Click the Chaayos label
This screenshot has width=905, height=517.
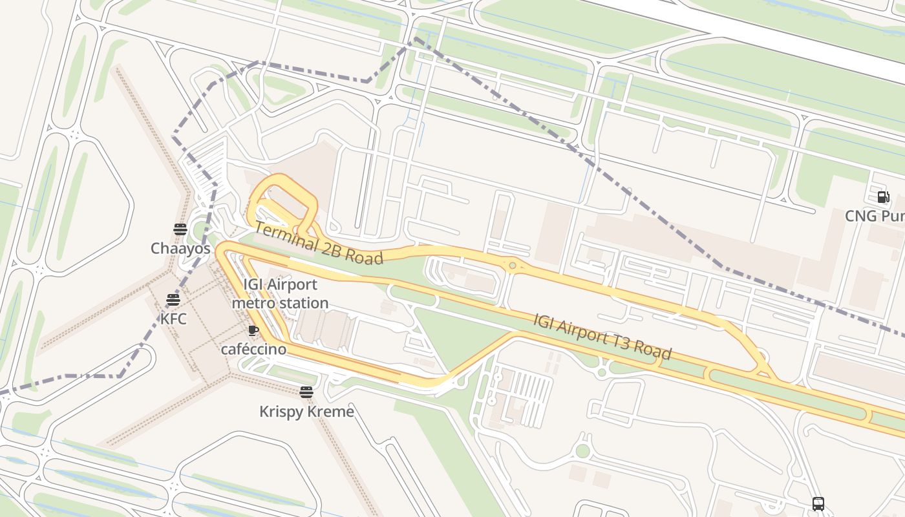point(180,248)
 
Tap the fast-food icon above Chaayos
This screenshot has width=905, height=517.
point(180,229)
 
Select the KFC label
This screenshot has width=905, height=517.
point(173,319)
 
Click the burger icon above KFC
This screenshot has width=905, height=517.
point(173,300)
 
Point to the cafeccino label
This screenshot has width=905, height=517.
point(253,349)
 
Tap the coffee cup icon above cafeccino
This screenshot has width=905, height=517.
point(253,331)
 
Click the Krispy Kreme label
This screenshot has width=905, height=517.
point(306,411)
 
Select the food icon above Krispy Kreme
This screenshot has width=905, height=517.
point(306,392)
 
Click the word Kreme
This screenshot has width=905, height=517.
point(332,411)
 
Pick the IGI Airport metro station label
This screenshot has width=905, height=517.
point(280,293)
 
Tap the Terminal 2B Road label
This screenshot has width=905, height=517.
point(318,244)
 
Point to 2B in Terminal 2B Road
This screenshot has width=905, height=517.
point(328,248)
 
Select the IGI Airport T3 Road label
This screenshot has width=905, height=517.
point(602,337)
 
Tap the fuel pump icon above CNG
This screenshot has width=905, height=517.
point(883,197)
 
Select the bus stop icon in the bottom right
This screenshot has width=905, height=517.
point(818,503)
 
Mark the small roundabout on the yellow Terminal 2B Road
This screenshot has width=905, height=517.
point(513,266)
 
